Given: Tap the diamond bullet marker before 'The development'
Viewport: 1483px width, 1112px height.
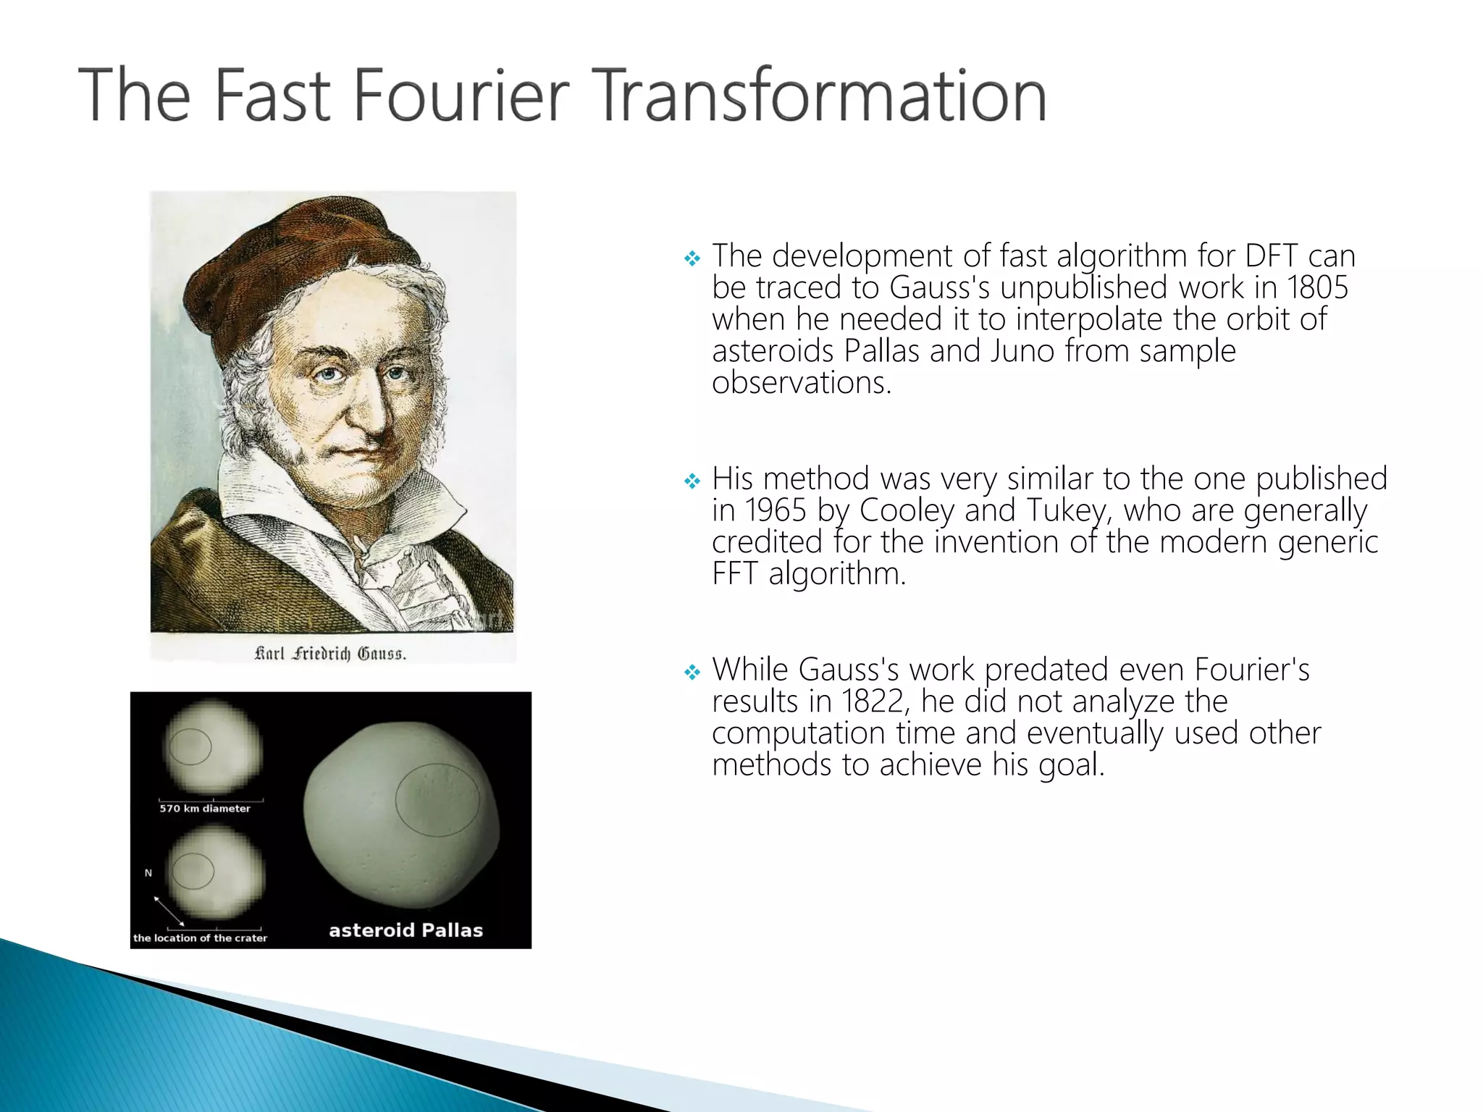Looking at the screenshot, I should [692, 258].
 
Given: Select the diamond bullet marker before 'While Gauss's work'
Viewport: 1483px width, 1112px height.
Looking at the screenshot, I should [692, 673].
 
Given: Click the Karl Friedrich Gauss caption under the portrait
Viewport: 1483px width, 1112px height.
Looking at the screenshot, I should [330, 654].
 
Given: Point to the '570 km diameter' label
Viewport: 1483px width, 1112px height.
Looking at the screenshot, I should [205, 809].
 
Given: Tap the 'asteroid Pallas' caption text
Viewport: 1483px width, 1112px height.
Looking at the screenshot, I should [406, 930].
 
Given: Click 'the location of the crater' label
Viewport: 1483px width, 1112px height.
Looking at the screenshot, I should [200, 938].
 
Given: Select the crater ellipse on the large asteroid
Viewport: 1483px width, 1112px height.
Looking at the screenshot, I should [437, 799].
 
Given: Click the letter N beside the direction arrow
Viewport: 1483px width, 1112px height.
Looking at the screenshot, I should [148, 873].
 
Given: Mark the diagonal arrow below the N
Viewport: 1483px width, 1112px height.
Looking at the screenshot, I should [169, 911].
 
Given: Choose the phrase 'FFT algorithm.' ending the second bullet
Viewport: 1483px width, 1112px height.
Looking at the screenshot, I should [808, 574].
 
